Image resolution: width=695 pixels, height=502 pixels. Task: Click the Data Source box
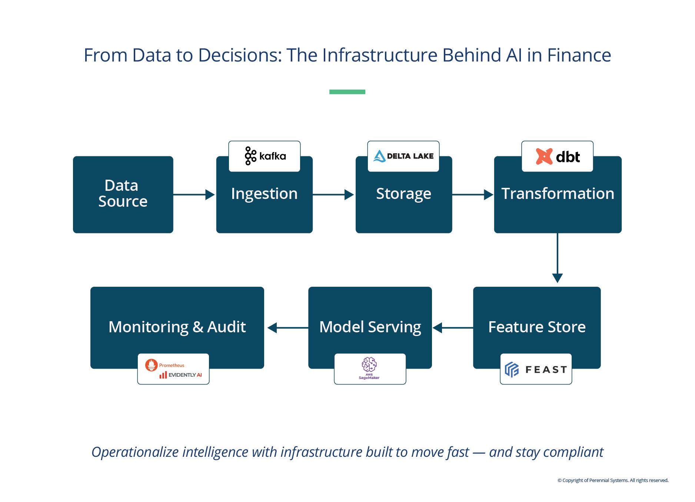(x=123, y=194)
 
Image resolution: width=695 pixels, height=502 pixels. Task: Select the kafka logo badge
(x=265, y=156)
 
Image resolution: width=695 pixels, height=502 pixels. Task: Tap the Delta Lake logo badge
(x=403, y=156)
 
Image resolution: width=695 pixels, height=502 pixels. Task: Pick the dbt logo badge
(x=557, y=156)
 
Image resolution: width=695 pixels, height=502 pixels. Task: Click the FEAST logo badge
(x=536, y=369)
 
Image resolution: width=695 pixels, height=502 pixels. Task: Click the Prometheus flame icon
(x=151, y=365)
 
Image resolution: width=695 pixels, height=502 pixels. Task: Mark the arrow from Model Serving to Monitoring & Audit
(x=287, y=328)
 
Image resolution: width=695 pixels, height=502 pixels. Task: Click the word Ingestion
(x=264, y=194)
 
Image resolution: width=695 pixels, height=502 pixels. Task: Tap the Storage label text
(x=403, y=194)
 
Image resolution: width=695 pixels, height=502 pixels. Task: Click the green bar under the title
(x=347, y=92)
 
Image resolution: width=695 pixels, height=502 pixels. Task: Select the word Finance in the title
(x=579, y=55)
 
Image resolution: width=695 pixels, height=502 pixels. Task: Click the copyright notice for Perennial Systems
(x=613, y=480)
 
